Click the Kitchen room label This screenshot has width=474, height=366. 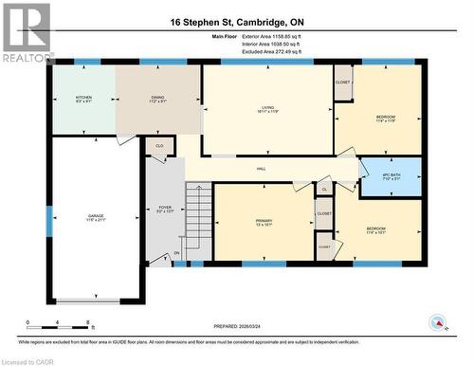pyautogui.click(x=83, y=98)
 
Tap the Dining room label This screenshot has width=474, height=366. pyautogui.click(x=157, y=98)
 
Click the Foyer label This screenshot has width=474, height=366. pyautogui.click(x=164, y=209)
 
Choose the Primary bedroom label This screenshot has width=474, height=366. pyautogui.click(x=264, y=223)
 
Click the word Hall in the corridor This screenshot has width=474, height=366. pyautogui.click(x=261, y=169)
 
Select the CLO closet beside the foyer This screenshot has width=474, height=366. pyautogui.click(x=159, y=146)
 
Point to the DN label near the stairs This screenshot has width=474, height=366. pyautogui.click(x=176, y=253)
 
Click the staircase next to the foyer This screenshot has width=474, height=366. pyautogui.click(x=198, y=218)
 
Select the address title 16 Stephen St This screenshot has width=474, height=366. pyautogui.click(x=237, y=21)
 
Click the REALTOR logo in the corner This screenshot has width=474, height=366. pyautogui.click(x=26, y=32)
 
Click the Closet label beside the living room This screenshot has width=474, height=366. pyautogui.click(x=343, y=82)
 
